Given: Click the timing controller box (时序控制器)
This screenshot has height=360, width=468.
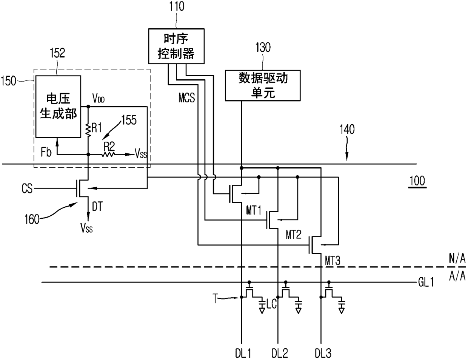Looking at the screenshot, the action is tap(176, 46).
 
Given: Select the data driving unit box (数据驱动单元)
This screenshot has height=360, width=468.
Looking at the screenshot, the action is tap(263, 85).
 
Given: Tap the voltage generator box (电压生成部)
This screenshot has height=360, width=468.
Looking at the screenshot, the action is tap(58, 107).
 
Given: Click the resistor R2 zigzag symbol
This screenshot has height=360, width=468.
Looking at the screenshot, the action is tap(108, 155).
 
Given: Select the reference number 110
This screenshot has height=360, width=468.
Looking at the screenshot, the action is tap(177, 6).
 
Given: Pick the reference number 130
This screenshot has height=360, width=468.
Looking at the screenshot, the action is tap(263, 48).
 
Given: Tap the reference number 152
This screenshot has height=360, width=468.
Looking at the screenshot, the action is tap(57, 53).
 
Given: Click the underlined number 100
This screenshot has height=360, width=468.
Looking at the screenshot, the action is tap(417, 181).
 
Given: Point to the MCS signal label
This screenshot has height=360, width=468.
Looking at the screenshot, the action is tap(186, 98).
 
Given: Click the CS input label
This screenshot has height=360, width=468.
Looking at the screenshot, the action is tap(27, 188).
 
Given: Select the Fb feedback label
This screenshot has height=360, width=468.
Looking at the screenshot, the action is tap(46, 152).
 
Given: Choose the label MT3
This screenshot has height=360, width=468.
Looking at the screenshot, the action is tap(333, 261).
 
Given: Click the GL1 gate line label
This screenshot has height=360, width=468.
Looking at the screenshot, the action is tap(426, 282).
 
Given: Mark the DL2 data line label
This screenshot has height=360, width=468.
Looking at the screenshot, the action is tap(280, 353).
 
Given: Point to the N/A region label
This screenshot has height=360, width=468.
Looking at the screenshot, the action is tap(457, 258).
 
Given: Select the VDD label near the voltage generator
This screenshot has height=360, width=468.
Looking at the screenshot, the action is tap(99, 98).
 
